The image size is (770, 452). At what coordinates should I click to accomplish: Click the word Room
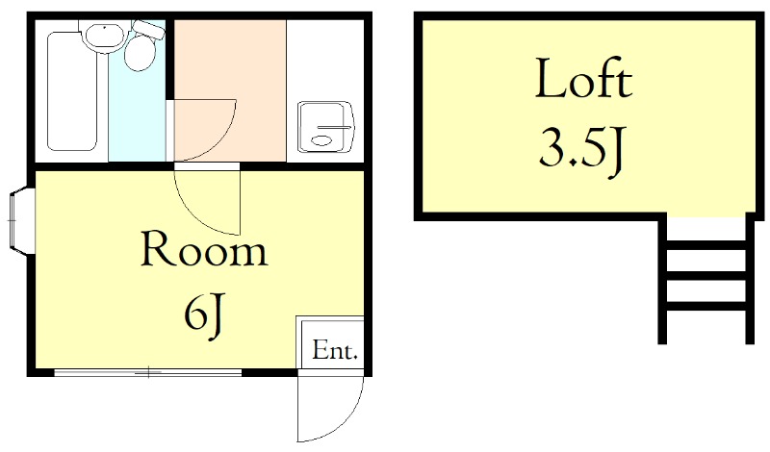tap(203, 251)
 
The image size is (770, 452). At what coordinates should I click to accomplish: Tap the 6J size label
tap(204, 314)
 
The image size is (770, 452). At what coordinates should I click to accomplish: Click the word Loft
tap(583, 81)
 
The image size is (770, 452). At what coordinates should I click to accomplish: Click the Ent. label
tap(335, 351)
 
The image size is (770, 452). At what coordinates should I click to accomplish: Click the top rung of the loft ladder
tap(706, 245)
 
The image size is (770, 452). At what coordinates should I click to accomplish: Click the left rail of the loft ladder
tap(663, 279)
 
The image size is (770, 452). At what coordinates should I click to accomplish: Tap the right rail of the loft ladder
tap(748, 279)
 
